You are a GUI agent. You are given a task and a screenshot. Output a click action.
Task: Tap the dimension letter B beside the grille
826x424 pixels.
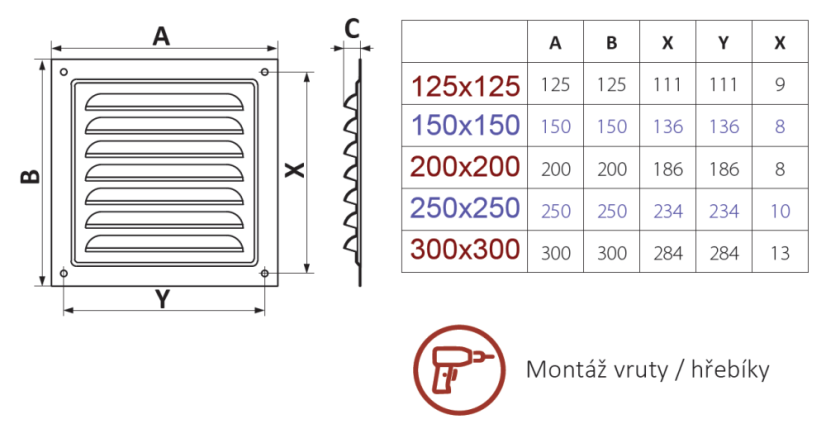point(31,176)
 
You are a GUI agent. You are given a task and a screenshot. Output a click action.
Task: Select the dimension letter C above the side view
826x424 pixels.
point(352,29)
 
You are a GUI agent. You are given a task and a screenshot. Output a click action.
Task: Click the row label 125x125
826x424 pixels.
point(464,85)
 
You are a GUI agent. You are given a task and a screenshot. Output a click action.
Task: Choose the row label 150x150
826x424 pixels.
point(464,126)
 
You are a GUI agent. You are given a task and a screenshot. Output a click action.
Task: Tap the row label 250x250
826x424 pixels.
point(464,209)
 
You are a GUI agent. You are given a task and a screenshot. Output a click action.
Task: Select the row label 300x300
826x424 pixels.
point(464,251)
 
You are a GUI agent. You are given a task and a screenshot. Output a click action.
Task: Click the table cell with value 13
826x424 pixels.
point(780,253)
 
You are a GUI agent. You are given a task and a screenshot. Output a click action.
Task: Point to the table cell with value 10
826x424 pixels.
point(780,211)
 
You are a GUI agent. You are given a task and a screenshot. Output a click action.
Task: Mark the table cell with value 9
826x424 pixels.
point(780,85)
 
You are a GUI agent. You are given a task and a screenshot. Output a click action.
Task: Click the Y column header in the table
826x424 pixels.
point(723,43)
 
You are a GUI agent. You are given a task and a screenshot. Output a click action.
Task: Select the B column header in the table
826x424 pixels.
point(612,43)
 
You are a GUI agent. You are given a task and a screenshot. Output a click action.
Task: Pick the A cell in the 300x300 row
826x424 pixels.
point(556,253)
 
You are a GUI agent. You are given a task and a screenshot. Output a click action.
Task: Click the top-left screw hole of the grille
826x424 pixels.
point(63,72)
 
